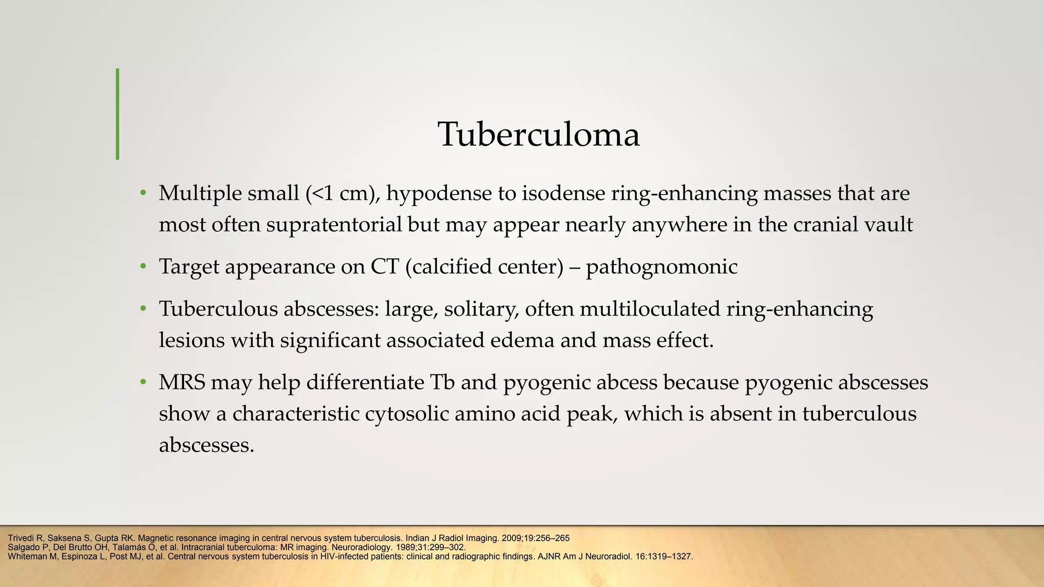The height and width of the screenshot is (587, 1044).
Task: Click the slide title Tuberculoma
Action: (539, 135)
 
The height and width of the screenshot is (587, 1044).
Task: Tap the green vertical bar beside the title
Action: (118, 114)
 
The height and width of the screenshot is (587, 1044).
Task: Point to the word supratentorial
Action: (334, 225)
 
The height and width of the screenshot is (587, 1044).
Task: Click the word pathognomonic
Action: (661, 267)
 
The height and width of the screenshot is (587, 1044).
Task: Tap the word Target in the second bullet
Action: (189, 267)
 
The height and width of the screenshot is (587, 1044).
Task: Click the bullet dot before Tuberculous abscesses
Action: (143, 309)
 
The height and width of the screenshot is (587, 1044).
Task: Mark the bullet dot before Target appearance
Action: (143, 267)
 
